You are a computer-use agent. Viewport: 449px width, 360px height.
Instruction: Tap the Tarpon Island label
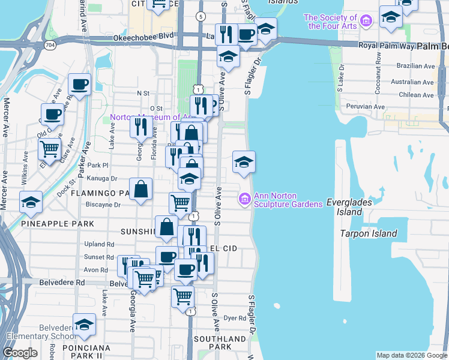[369, 233]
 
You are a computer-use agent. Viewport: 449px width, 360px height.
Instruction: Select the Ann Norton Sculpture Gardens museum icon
[245, 199]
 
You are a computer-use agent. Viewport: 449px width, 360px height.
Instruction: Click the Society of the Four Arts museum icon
[367, 22]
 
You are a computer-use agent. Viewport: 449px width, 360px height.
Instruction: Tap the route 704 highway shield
[50, 44]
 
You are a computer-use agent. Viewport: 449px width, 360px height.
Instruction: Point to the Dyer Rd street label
[231, 319]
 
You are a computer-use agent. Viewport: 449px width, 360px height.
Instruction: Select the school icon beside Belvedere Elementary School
[85, 325]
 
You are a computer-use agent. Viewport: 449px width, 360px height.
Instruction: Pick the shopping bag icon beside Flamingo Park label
[140, 190]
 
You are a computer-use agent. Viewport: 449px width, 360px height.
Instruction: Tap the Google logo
[20, 353]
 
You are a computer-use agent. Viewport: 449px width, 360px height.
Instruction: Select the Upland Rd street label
[100, 244]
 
